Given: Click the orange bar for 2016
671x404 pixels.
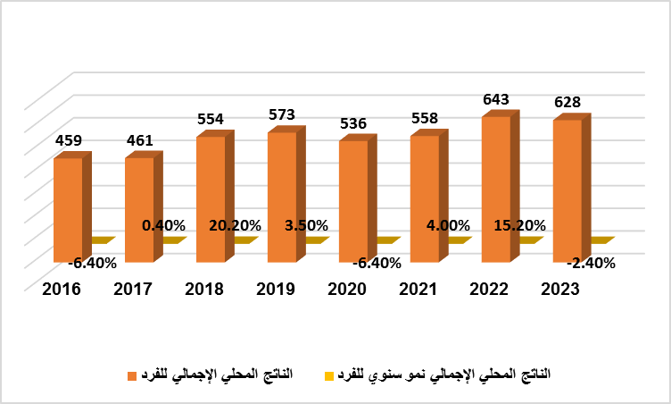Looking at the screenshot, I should [68, 209].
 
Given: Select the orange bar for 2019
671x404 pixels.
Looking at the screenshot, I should [282, 197].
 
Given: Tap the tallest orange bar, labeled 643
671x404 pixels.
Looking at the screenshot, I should [496, 189].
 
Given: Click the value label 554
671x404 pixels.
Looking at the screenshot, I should [210, 119].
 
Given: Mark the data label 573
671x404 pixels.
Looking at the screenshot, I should [281, 114].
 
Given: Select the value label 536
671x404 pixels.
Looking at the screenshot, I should [352, 123].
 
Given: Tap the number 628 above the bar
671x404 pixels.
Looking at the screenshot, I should [567, 102].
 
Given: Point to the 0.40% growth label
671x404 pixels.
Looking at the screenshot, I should [163, 225].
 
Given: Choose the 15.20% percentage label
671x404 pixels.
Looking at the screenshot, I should [519, 225].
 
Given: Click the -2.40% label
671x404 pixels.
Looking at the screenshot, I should [589, 263].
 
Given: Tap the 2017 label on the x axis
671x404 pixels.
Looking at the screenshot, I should [133, 290].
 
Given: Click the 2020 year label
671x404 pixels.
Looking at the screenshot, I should [347, 290].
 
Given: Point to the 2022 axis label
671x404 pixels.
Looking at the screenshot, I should [490, 290].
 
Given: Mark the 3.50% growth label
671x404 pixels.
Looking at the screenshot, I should [306, 225].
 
